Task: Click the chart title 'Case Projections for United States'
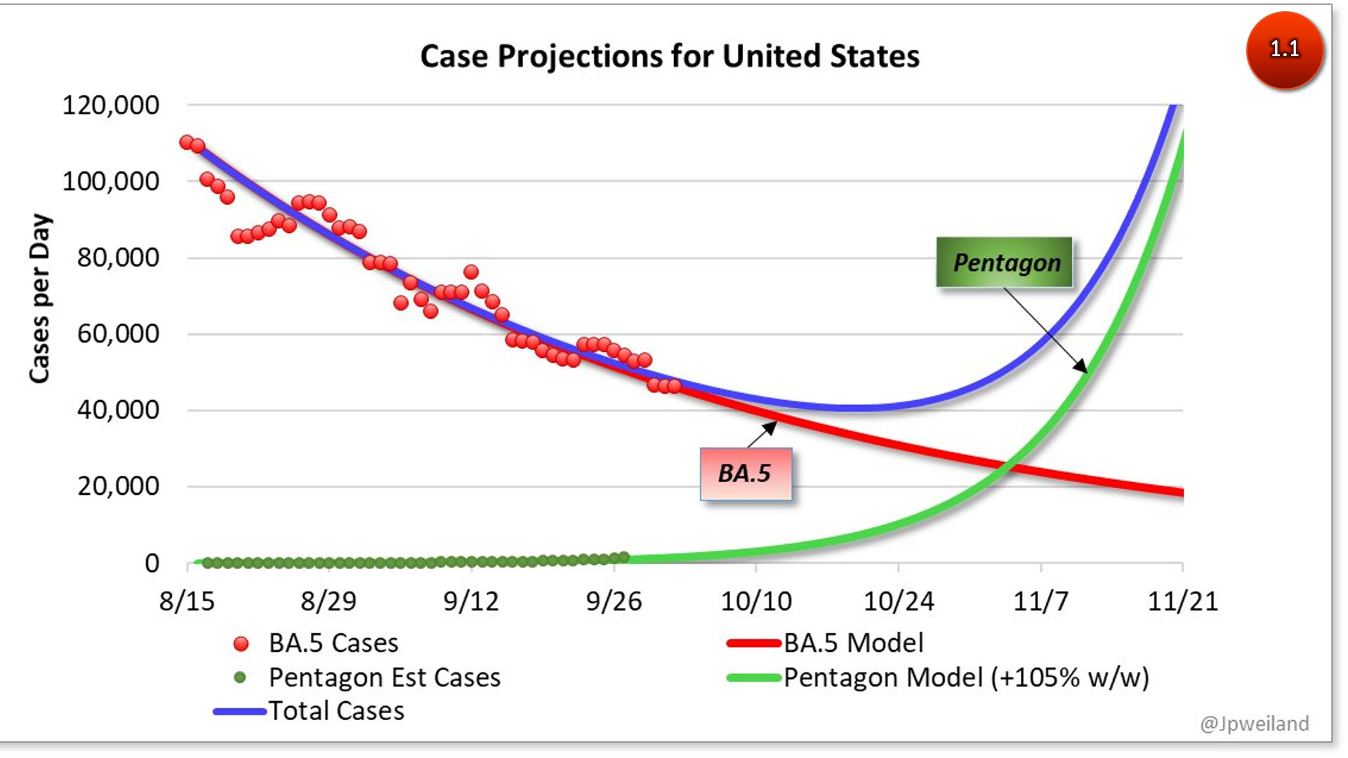pos(669,56)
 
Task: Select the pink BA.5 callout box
pos(745,474)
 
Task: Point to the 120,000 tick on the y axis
pos(111,105)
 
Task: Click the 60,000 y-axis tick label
pos(118,333)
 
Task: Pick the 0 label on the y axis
pos(152,563)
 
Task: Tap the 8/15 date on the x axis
pos(187,601)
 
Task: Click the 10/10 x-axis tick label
pos(756,601)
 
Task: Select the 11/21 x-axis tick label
pos(1182,601)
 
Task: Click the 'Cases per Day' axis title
pos(40,298)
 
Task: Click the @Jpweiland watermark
pos(1254,724)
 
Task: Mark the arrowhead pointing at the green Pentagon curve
pos(1082,367)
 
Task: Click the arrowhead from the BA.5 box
pos(771,426)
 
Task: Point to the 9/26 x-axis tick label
pos(614,601)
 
